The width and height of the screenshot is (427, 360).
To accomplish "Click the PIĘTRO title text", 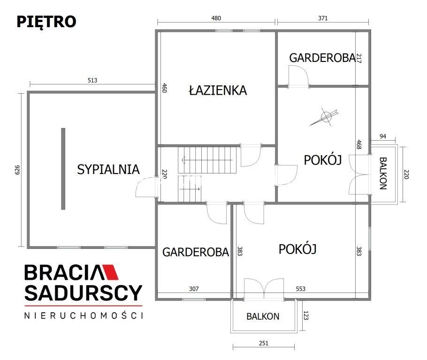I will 46,22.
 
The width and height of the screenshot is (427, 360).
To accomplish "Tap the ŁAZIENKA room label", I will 218,90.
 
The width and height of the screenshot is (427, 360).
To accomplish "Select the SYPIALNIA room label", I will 108,169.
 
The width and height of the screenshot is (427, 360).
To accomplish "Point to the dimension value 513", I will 92,80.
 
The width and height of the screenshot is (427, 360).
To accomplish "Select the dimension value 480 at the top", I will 216,18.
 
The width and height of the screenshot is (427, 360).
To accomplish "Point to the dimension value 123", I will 306,316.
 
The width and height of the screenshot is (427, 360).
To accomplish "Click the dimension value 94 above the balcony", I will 382,136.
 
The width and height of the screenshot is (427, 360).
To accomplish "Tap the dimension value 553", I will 300,289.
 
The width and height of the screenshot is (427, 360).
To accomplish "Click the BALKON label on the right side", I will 382,173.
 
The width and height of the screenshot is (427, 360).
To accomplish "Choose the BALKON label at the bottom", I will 263,316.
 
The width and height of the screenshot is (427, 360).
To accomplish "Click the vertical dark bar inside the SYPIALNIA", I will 63,168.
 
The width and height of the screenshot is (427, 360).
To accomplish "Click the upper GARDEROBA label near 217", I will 321,58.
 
